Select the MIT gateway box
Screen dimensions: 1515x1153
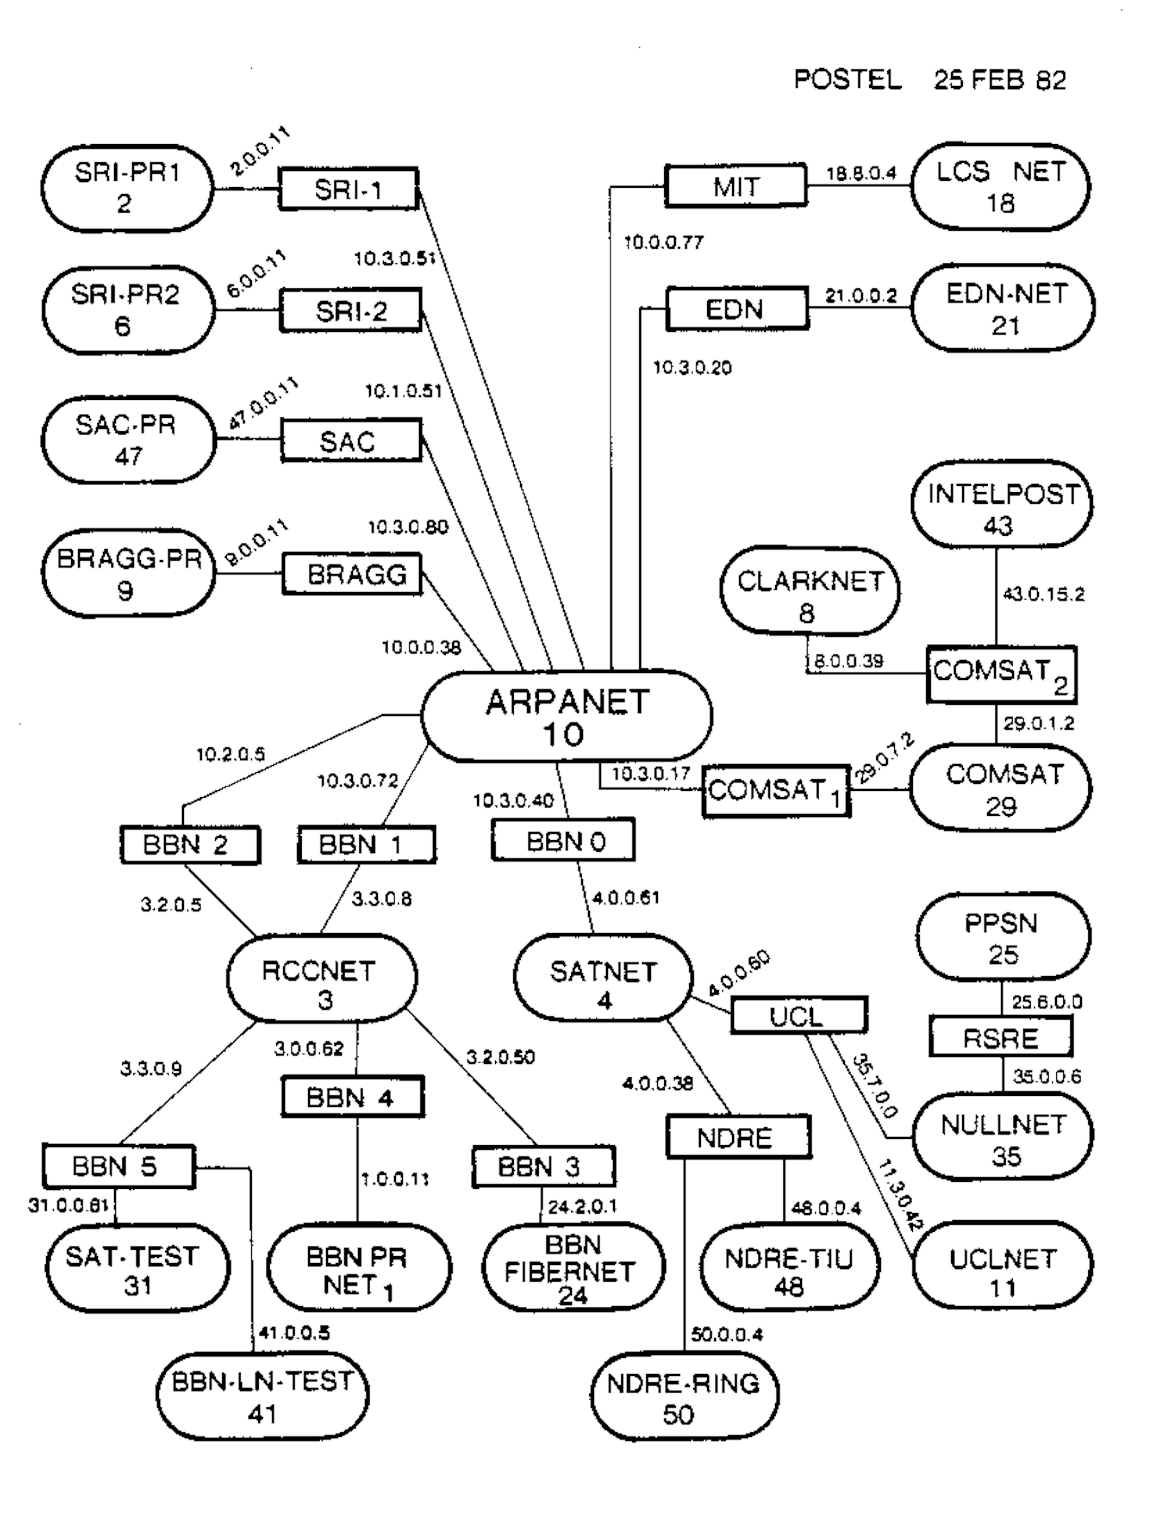click(736, 185)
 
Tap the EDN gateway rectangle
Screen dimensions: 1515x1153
click(737, 309)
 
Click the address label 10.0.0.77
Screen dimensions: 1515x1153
click(663, 242)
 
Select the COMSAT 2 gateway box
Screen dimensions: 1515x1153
click(1001, 674)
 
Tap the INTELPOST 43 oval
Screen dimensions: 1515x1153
click(1001, 509)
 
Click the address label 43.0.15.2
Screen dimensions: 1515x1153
click(1043, 595)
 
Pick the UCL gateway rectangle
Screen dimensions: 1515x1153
click(798, 1016)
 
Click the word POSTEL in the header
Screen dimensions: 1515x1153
click(847, 80)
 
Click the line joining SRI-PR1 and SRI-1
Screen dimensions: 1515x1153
click(246, 189)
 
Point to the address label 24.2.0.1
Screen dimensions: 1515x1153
click(582, 1207)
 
